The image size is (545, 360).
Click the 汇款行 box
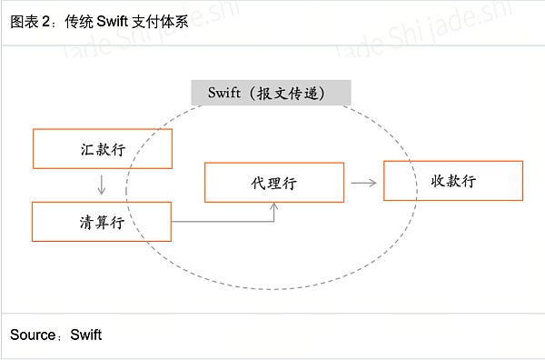(x=102, y=149)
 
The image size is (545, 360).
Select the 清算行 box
(x=102, y=222)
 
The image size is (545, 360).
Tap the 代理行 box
(x=274, y=183)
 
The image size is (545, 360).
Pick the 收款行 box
(x=453, y=180)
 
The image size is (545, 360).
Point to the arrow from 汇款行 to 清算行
(x=102, y=185)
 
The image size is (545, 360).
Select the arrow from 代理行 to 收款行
(x=363, y=182)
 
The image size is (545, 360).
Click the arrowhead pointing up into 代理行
(x=274, y=207)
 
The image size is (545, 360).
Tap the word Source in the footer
(x=33, y=335)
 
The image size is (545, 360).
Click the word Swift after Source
(x=86, y=335)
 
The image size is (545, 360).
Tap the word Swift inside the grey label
(x=224, y=93)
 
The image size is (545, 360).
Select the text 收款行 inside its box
(x=453, y=181)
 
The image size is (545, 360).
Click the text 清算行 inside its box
(x=102, y=223)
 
